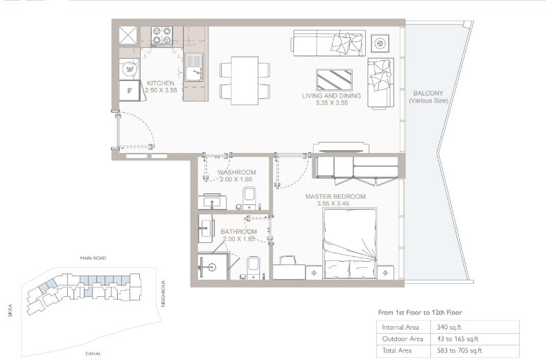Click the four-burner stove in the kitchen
pos(162,35)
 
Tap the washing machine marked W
pos(130,69)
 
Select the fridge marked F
pos(129,91)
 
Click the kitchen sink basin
pos(193,67)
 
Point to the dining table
pos(245,80)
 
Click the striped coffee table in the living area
pos(334,80)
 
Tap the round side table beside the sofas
pos(380,44)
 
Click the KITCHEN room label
pos(161,83)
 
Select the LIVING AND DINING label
pos(331,96)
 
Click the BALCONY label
pos(428,93)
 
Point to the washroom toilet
pos(249,198)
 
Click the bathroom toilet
pos(253,268)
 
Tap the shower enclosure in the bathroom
pos(213,266)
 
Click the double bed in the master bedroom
pos(350,244)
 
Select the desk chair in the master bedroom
pos(288,260)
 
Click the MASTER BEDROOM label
pos(335,197)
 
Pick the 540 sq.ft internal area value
pos(449,327)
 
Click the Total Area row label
pos(396,350)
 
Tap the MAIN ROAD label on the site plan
pos(93,258)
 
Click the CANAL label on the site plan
pos(94,354)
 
